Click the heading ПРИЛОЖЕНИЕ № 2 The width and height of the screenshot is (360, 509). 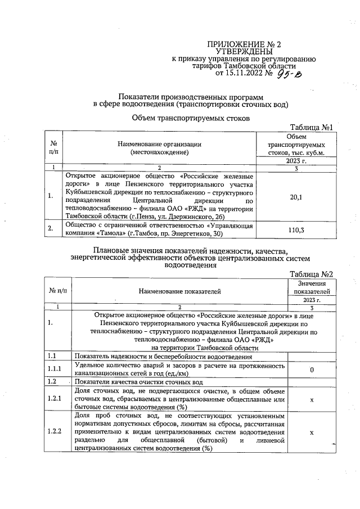click(244, 44)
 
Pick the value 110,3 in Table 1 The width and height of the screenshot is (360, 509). click(295, 229)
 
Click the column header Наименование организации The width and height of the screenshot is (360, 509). click(159, 145)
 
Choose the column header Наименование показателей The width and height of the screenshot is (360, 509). click(181, 291)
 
